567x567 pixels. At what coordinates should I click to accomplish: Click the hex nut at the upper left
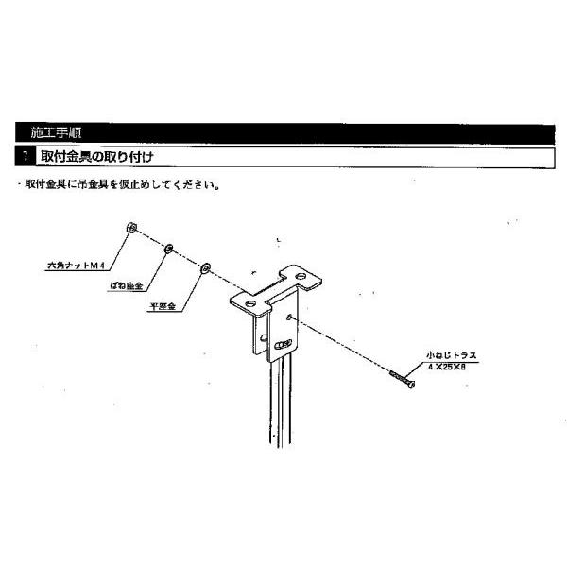tap(131, 229)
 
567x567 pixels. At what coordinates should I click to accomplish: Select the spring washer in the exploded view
tap(168, 248)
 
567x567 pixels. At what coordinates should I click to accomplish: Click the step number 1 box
tap(22, 154)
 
